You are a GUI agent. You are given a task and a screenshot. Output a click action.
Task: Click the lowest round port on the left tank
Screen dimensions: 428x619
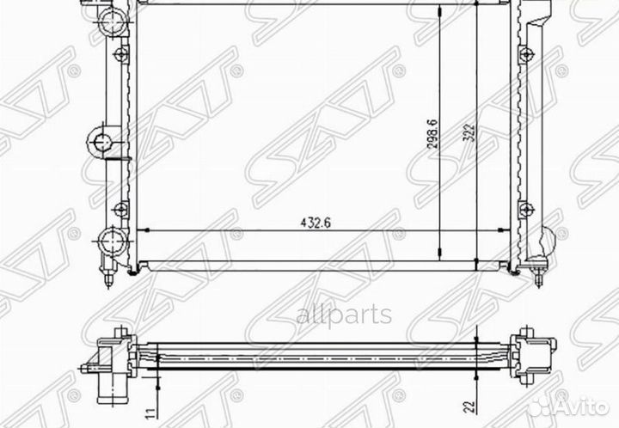tap(111, 238)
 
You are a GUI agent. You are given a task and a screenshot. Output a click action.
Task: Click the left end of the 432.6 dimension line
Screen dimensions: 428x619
tap(139, 231)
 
